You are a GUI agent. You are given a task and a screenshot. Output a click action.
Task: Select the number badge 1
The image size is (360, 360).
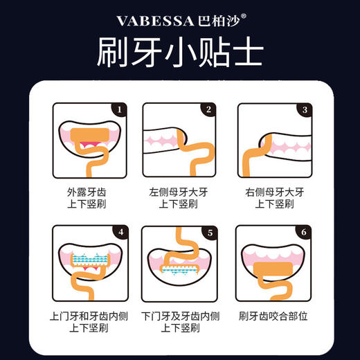coord(118,109)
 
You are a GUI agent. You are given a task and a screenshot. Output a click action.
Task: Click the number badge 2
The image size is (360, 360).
coord(207,109)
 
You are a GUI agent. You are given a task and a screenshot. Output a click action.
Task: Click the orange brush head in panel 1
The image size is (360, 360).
coord(90,136)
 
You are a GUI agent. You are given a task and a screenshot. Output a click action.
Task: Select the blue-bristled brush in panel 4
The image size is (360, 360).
coord(91,258)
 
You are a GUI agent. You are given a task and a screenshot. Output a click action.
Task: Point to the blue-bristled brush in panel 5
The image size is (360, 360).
coord(180,269)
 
